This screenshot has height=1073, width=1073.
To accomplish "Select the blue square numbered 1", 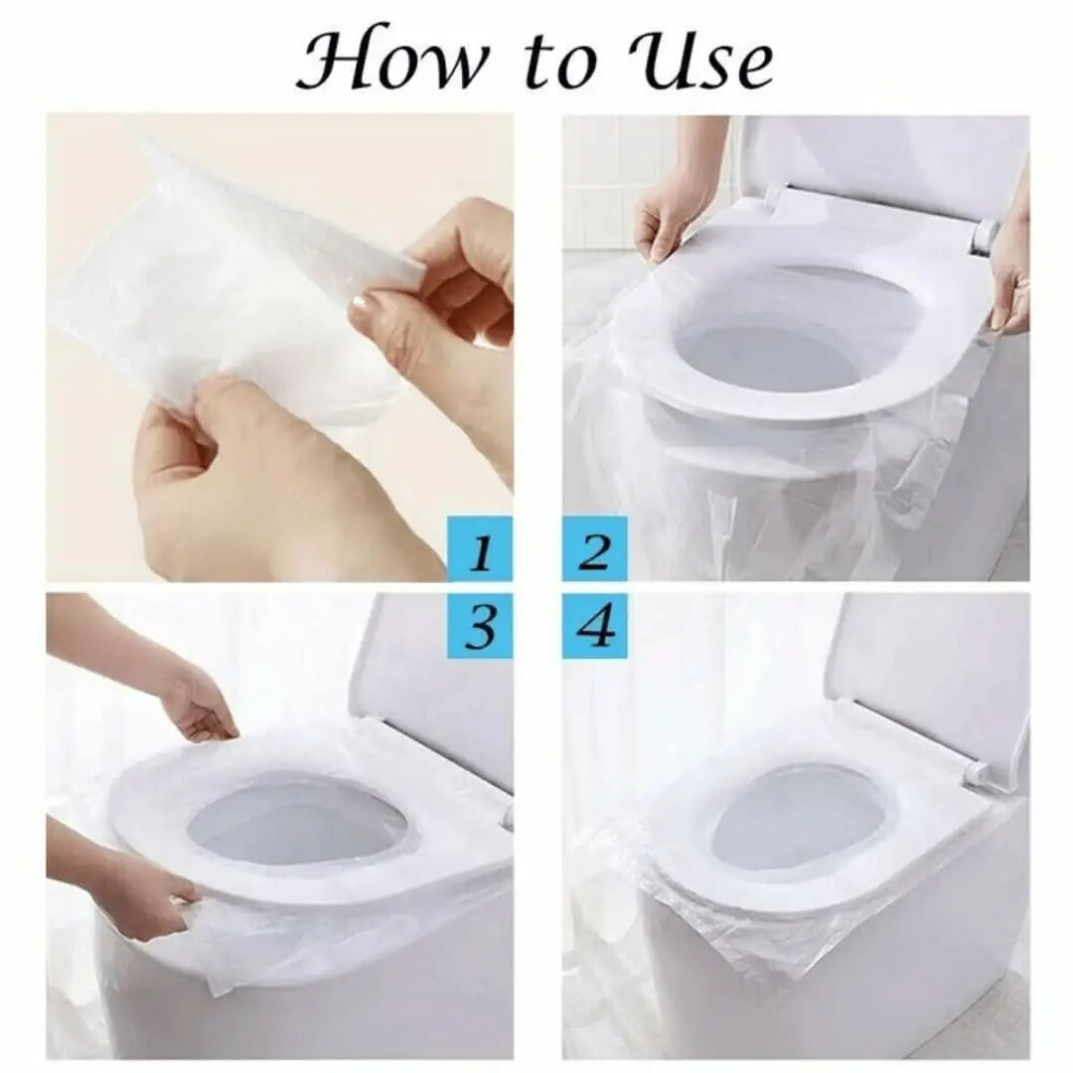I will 480,548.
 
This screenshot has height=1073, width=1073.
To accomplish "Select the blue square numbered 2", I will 594,548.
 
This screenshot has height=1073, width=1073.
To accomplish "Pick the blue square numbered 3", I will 480,626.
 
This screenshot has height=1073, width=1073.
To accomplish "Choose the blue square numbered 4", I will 594,626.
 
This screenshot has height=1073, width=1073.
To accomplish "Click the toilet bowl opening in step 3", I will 298,820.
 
